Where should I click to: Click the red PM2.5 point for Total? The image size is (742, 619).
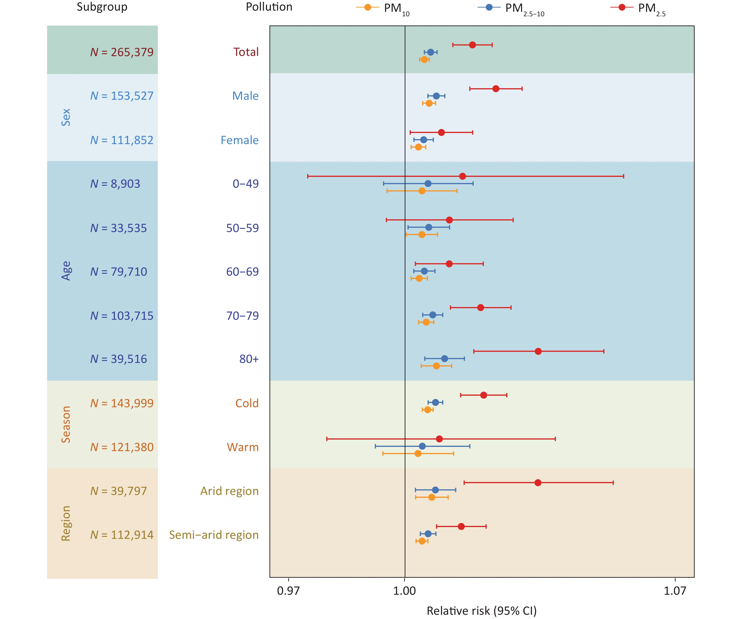click(473, 45)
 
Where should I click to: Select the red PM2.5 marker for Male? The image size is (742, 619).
click(496, 89)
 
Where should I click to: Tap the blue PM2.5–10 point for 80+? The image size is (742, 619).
click(444, 359)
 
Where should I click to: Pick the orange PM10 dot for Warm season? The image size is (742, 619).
click(418, 453)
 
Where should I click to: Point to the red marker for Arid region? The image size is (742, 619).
click(538, 483)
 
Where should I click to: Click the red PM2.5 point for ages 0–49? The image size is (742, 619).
click(463, 176)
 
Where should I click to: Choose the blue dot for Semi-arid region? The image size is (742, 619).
click(428, 534)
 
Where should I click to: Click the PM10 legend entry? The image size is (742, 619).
click(383, 8)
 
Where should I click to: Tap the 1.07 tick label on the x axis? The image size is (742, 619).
click(675, 591)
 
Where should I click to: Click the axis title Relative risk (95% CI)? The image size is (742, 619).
click(481, 611)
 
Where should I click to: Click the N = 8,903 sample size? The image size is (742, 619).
click(115, 184)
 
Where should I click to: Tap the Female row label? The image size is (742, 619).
click(240, 140)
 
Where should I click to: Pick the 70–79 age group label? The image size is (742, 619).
click(242, 316)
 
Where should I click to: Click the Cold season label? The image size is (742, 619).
click(247, 403)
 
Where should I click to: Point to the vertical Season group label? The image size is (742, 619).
click(66, 424)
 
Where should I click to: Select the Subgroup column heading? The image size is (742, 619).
click(102, 7)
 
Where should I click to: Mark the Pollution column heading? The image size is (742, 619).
click(269, 7)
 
